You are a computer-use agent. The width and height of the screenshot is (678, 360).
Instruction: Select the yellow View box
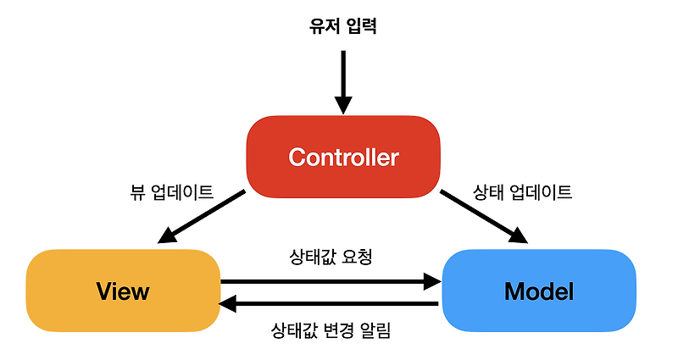[123, 291]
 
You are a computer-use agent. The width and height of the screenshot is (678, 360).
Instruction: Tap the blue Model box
[539, 291]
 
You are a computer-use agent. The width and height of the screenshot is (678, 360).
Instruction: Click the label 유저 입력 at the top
[342, 26]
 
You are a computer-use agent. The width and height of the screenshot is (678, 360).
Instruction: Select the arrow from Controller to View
[203, 217]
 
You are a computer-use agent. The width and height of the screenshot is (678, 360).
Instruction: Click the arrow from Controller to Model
[483, 217]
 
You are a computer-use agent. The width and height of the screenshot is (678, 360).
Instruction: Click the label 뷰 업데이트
[169, 192]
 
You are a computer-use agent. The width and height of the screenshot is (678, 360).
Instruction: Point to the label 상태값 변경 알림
[330, 330]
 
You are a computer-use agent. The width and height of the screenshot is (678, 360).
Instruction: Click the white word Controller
[342, 158]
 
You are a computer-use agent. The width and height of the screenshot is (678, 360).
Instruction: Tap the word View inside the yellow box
[123, 292]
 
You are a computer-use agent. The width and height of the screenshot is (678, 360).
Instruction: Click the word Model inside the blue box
[539, 292]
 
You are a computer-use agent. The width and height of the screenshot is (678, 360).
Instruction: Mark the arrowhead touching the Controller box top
[342, 104]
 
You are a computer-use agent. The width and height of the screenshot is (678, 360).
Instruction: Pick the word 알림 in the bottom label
[374, 330]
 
